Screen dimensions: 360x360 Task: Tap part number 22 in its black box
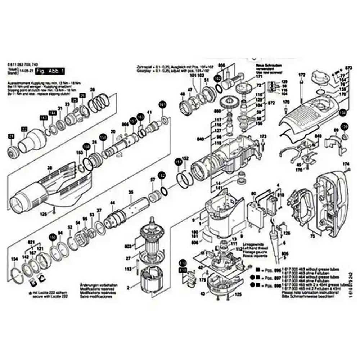click(24, 129)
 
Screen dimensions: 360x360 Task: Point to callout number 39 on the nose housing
click(50, 168)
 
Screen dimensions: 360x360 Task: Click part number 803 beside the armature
click(127, 246)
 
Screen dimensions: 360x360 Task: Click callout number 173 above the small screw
click(263, 136)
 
